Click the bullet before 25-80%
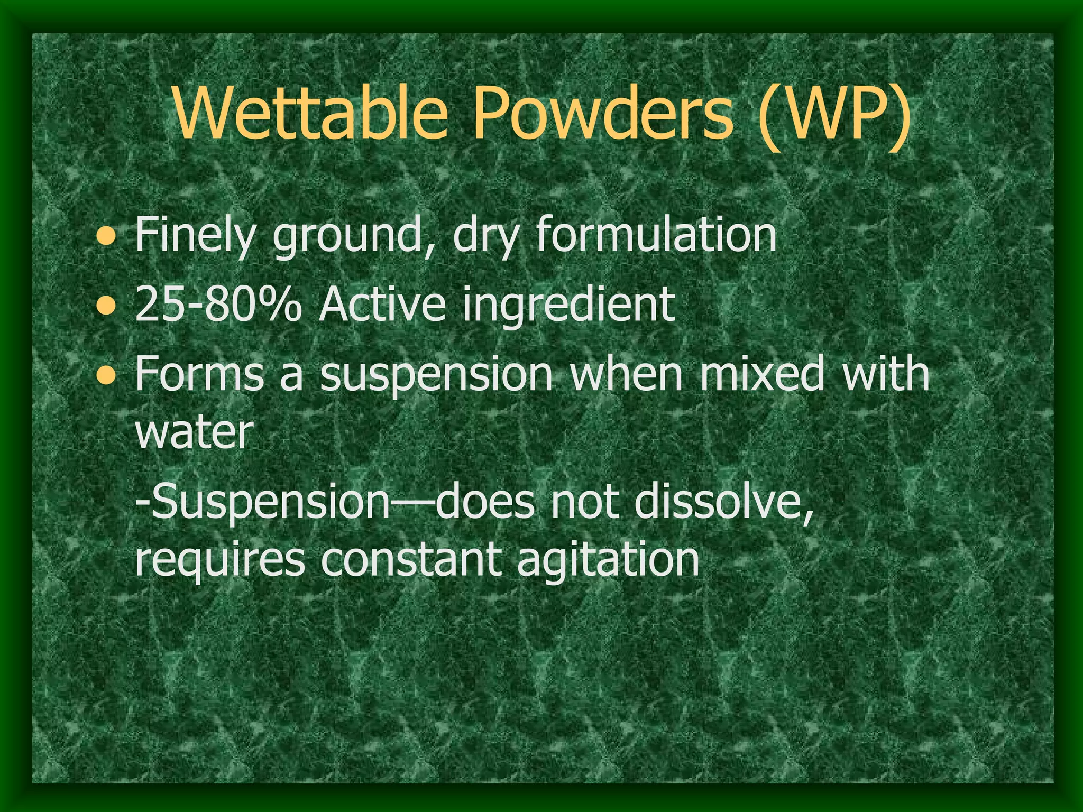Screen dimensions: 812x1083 coord(107,305)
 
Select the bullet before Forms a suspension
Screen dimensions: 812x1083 coord(107,375)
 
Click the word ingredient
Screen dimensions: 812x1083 coord(569,306)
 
